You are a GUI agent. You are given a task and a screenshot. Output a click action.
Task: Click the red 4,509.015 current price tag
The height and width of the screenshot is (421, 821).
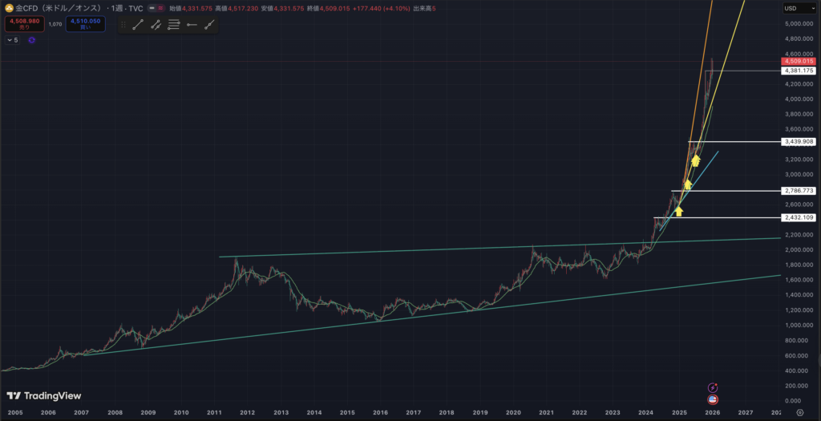pos(799,61)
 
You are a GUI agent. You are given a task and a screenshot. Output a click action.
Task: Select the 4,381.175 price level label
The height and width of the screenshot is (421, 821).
pos(799,71)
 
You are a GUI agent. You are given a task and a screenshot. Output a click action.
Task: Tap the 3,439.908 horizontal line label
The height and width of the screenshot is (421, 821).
pos(799,142)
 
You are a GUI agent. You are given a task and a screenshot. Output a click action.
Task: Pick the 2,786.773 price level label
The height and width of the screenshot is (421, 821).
pos(799,191)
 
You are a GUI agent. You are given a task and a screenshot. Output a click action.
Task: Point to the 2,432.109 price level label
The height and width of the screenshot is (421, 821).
pos(799,217)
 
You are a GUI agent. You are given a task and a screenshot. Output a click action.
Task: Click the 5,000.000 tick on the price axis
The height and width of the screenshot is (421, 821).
pos(799,24)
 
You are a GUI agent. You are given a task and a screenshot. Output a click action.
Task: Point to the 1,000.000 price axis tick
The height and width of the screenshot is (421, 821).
pos(799,326)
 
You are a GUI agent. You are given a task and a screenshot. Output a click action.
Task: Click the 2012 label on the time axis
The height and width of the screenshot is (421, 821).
pos(247,412)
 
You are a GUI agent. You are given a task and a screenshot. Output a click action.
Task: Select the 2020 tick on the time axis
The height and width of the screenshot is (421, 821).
pos(512,412)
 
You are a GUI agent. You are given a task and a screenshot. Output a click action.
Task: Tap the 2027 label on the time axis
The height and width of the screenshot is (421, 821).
pos(745,412)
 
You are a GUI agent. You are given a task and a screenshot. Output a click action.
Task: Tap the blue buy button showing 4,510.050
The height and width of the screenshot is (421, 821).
pos(84,24)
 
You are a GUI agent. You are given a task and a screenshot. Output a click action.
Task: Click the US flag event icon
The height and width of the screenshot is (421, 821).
pos(713,399)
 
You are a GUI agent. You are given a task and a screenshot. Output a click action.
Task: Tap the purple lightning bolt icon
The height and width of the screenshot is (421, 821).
pos(713,388)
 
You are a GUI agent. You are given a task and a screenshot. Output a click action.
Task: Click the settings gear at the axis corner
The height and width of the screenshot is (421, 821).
pos(799,412)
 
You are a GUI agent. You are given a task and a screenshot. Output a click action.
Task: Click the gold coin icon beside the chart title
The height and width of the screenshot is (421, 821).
pos(9,8)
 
